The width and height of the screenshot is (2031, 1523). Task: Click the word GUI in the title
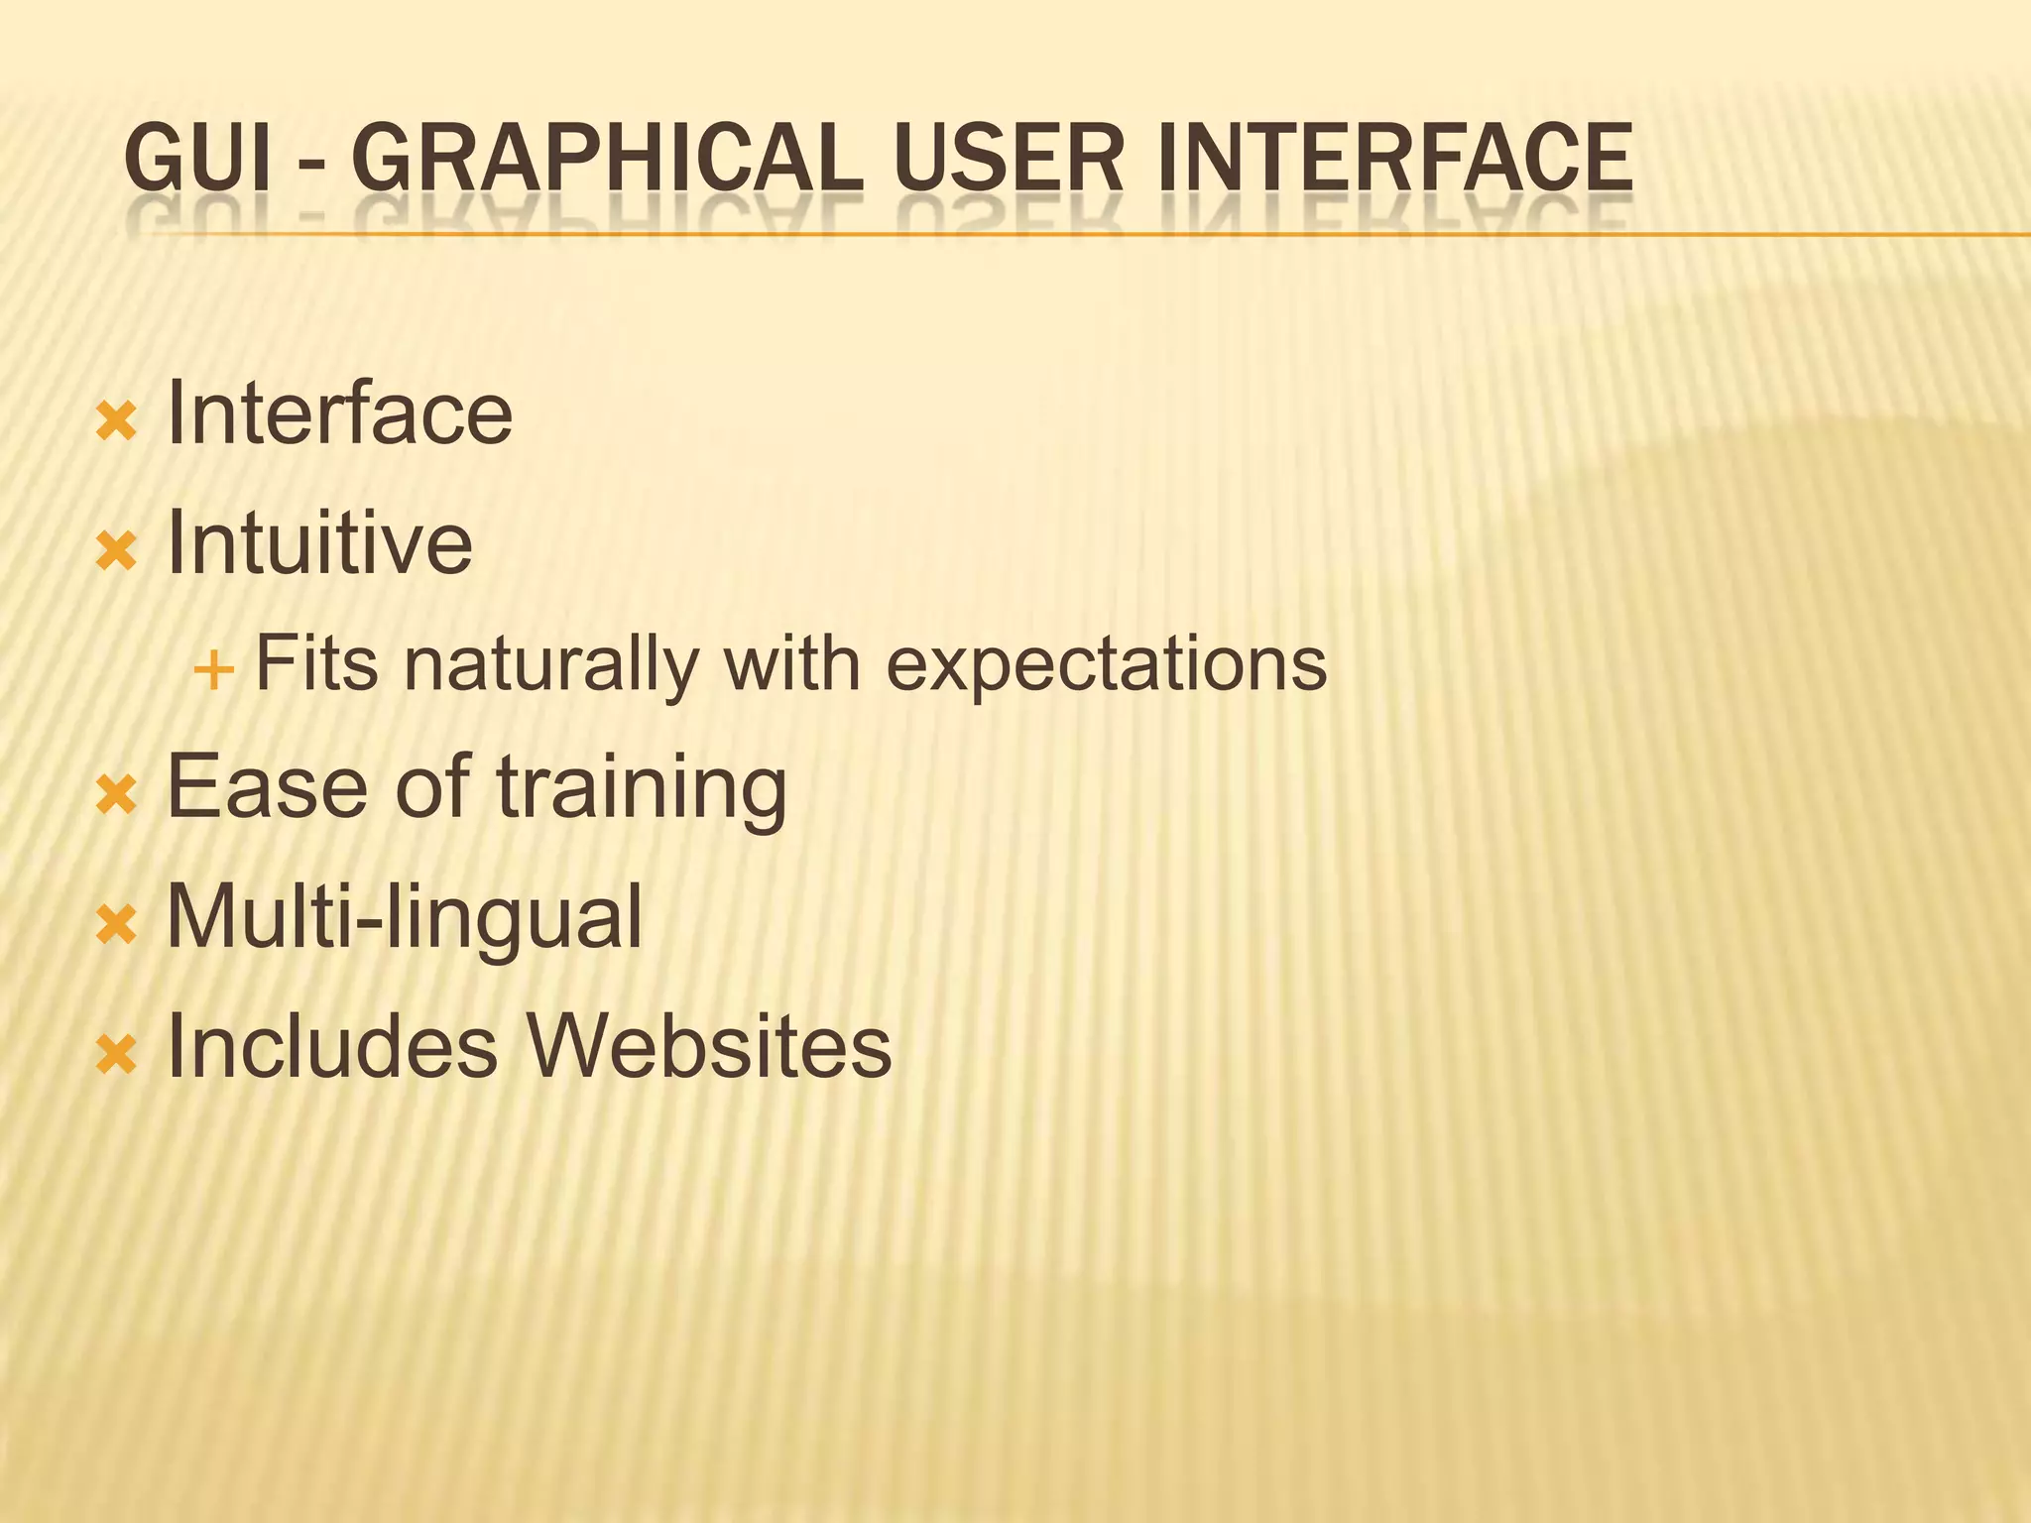click(197, 159)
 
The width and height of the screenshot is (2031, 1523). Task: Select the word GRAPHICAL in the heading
click(607, 159)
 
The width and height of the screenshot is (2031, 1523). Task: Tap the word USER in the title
click(1009, 159)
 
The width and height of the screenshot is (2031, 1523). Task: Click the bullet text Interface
click(339, 413)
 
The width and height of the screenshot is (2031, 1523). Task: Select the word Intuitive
click(319, 542)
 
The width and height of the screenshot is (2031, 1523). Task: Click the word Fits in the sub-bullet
click(316, 663)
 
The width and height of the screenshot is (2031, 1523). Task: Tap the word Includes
click(332, 1047)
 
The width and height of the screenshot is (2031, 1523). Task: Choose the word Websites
click(708, 1047)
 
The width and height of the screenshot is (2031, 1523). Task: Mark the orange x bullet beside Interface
click(116, 423)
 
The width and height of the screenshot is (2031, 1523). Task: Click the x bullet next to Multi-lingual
click(116, 927)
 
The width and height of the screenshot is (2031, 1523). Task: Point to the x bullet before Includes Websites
click(116, 1057)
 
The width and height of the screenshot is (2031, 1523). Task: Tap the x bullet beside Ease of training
click(116, 796)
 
